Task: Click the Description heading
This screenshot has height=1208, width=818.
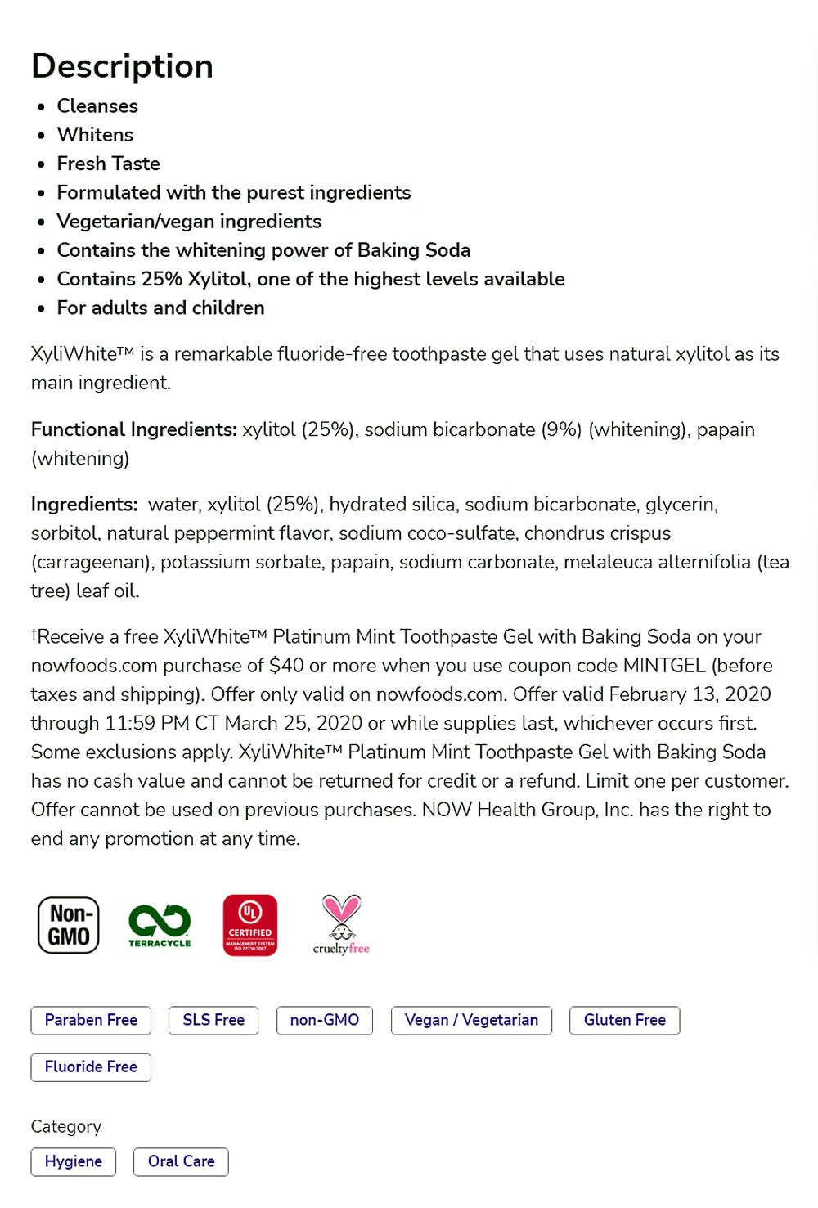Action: pos(122,66)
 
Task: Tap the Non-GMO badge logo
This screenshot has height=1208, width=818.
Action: pos(69,925)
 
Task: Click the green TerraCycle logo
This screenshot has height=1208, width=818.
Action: pos(160,925)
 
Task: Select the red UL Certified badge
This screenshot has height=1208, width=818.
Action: pos(250,925)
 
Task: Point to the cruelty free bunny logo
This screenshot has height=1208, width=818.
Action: pos(341,925)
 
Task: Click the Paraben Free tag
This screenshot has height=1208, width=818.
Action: pos(91,1020)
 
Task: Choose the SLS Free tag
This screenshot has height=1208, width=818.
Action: pos(213,1020)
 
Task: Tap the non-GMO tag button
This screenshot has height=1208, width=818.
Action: pos(325,1020)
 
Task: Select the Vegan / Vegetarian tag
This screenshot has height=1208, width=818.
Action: pos(471,1020)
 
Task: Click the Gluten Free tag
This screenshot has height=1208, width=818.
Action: pos(625,1020)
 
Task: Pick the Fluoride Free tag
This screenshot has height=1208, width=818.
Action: pos(91,1067)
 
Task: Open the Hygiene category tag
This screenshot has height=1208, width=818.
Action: pos(74,1161)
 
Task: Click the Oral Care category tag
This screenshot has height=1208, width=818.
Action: pos(181,1161)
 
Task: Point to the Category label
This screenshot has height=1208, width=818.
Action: pos(66,1126)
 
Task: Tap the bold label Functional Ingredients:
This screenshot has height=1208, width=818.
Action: pos(134,429)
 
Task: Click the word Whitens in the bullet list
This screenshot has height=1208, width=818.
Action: pos(95,135)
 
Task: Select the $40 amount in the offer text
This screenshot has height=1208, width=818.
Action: pos(286,666)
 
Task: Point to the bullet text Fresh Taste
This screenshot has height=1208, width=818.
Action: pos(108,164)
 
